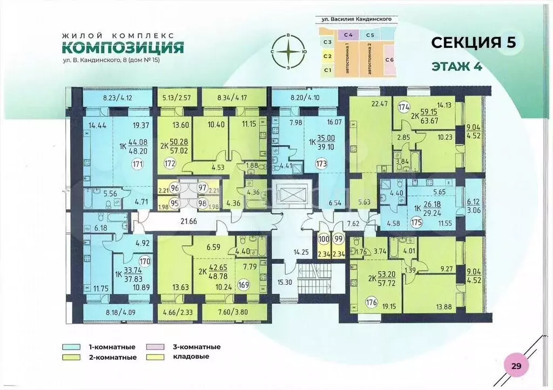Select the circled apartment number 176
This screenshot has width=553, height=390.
(356, 302)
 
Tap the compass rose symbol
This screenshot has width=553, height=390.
(289, 51)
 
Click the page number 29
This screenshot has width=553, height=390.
(516, 366)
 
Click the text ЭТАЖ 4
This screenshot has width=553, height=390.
(456, 67)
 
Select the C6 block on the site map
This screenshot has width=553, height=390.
(389, 59)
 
